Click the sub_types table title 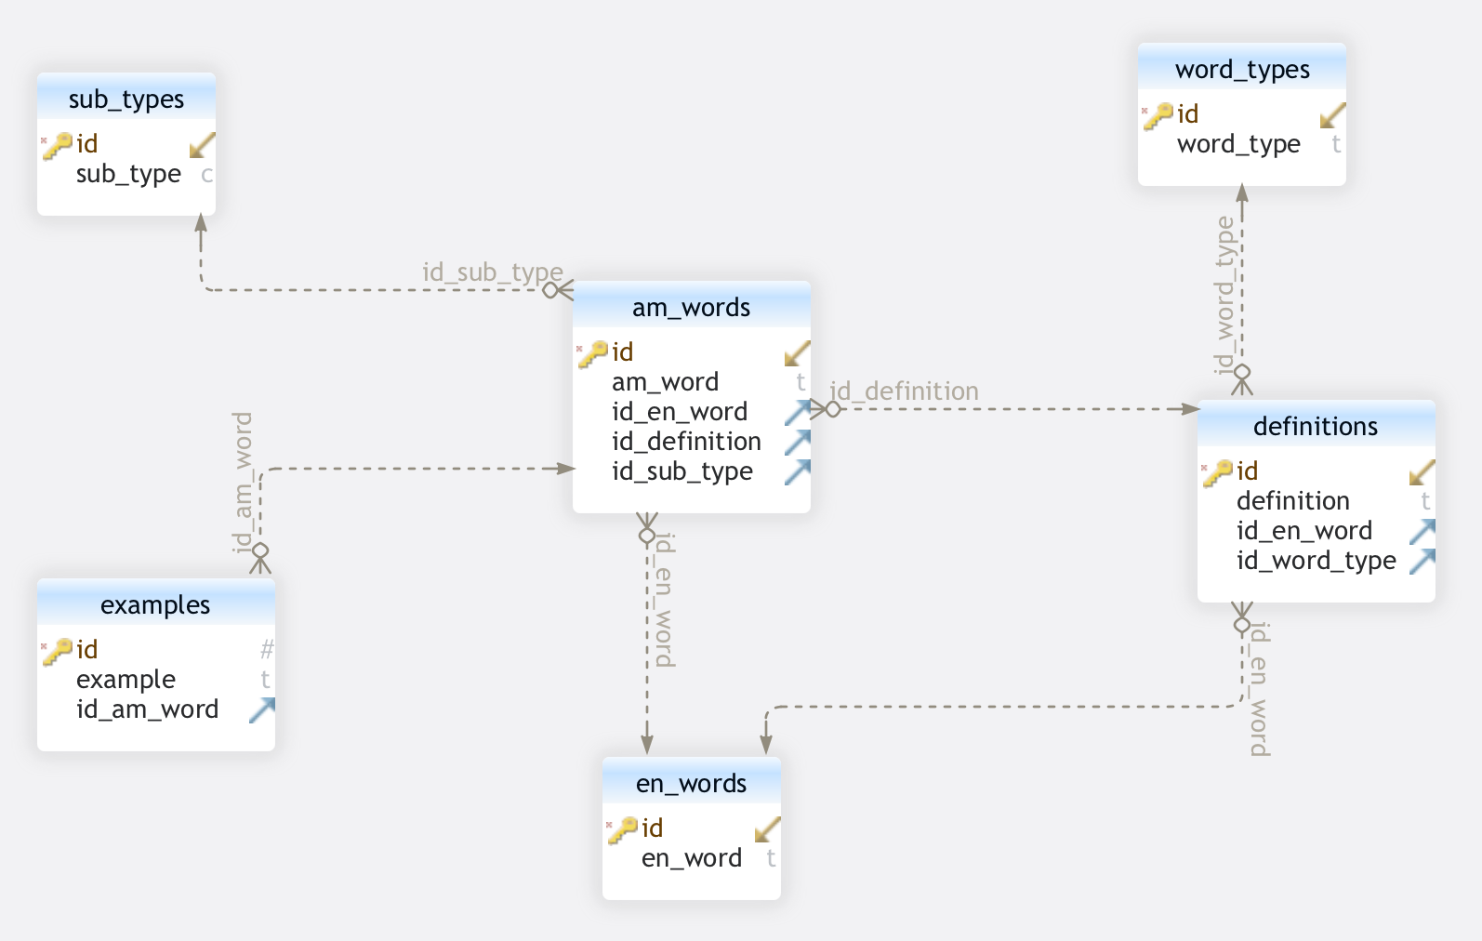126,99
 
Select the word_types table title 1242,69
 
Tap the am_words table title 691,307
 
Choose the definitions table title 1316,426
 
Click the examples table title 155,604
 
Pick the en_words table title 691,783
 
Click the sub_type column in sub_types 128,174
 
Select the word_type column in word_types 1238,144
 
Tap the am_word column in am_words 665,382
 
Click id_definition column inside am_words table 686,442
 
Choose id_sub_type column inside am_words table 682,471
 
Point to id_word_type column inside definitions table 1316,561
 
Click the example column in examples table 126,680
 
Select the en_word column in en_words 692,858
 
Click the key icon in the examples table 59,650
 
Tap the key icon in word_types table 1159,114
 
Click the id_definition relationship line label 904,391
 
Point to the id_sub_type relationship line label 493,272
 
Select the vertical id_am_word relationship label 243,482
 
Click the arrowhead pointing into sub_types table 201,223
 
